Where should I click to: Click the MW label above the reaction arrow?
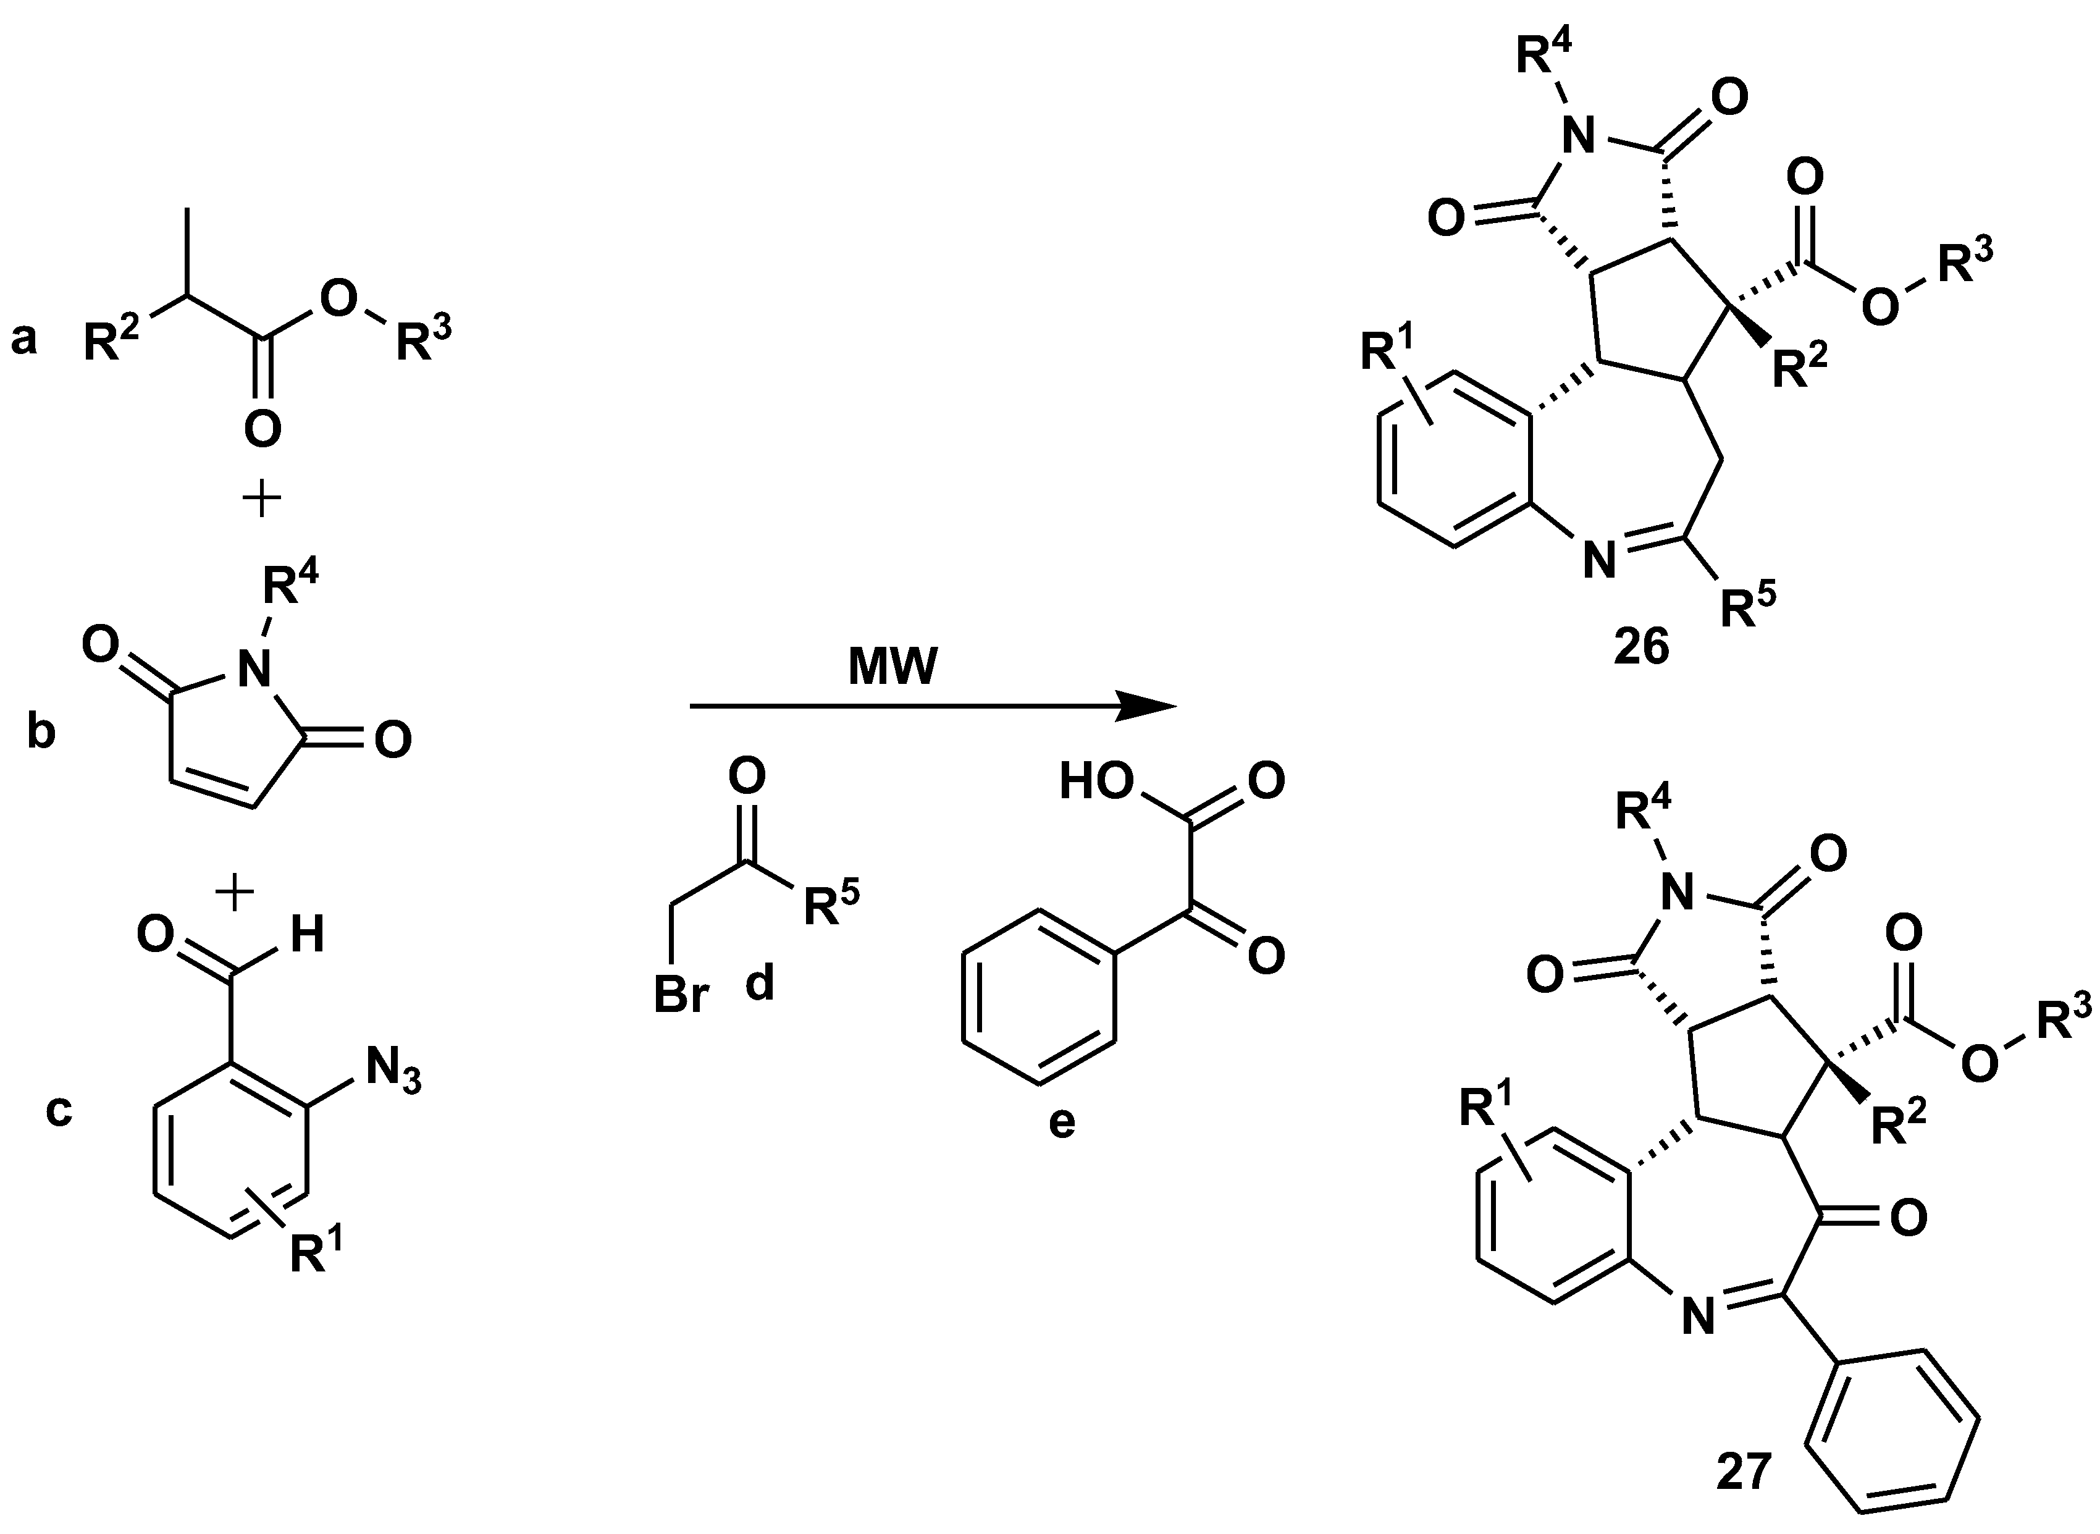(x=893, y=667)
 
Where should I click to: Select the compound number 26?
(x=1641, y=647)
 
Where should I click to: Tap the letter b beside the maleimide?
(x=41, y=733)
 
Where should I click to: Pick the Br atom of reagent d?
(x=681, y=995)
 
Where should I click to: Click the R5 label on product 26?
(x=1747, y=607)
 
